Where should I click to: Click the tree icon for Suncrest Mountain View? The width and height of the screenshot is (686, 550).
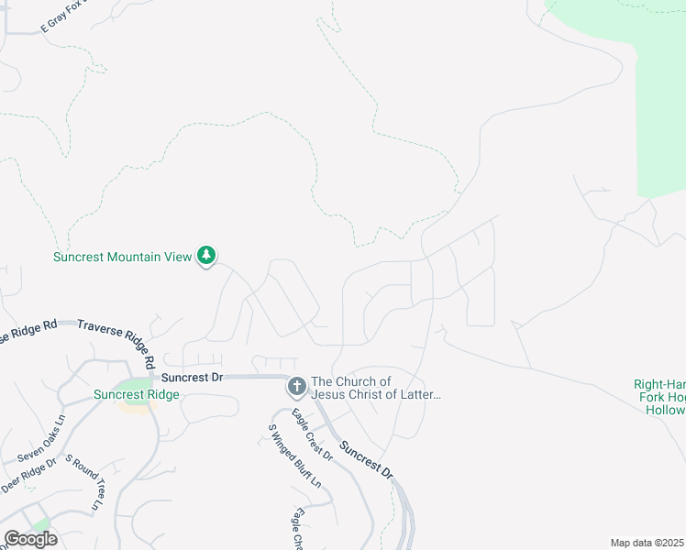(x=207, y=256)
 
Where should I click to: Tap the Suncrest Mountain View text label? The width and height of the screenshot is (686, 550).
(x=122, y=257)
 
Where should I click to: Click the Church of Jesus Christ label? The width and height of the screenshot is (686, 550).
(x=376, y=388)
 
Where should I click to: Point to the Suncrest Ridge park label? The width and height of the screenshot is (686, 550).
(x=136, y=395)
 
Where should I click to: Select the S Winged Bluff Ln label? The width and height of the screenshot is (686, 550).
(x=293, y=456)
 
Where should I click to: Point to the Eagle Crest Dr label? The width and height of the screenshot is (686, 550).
(x=312, y=434)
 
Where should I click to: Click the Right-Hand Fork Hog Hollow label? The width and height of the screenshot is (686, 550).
(x=659, y=397)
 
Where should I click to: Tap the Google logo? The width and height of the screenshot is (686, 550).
(x=30, y=539)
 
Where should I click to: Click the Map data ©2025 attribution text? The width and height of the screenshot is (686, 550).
(x=647, y=543)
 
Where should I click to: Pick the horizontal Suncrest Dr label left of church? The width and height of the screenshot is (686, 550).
(x=192, y=377)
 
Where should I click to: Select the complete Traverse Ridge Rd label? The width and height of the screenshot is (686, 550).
(x=116, y=336)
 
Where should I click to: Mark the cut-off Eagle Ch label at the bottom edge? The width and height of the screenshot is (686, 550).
(x=297, y=529)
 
